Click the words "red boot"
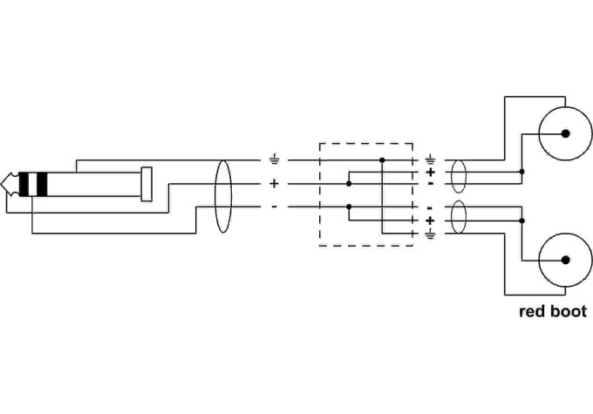[553, 311]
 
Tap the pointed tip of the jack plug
[1, 184]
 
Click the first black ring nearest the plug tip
[24, 184]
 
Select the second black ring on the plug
[42, 184]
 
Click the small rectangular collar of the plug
[147, 184]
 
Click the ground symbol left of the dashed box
[274, 159]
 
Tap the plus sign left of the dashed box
[274, 184]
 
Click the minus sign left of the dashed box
[274, 207]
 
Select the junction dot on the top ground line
[382, 160]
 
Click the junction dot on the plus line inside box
[349, 184]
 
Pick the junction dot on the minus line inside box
[349, 207]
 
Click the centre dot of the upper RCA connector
[565, 133]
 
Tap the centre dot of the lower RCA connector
[565, 260]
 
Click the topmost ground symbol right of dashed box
[431, 159]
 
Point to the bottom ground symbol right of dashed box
[431, 234]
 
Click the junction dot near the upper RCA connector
[521, 172]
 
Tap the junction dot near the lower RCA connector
[521, 221]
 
